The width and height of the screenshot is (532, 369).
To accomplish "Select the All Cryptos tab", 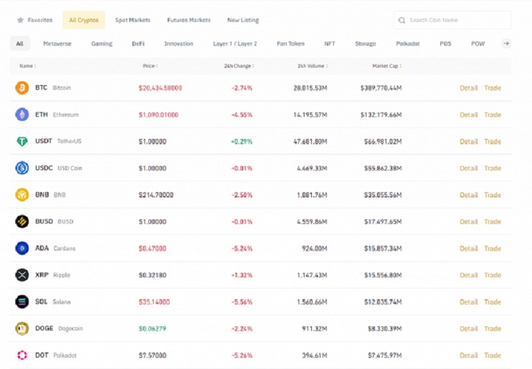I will pos(83,20).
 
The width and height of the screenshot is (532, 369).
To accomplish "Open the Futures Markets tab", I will pos(189,20).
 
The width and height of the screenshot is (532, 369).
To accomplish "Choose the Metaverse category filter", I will pos(57,44).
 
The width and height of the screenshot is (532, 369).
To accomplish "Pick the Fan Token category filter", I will pos(291,44).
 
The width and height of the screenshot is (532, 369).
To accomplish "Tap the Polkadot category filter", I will pos(407,44).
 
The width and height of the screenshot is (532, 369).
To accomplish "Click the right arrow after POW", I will pos(506,44).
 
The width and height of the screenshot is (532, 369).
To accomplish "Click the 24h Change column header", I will pos(239,66).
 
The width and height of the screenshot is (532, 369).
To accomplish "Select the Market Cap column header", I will pos(386,66).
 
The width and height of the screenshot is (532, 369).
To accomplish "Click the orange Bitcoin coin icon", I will pos(22,88).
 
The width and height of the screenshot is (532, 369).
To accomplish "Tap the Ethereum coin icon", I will pos(22,114).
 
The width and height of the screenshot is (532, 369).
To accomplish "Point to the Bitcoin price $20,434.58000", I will pos(160,88).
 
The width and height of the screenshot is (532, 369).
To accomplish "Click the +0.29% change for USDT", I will pos(241,142).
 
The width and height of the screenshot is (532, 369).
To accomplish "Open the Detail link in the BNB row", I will pos(468,195).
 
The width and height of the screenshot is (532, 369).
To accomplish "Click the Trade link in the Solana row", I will pos(492,302).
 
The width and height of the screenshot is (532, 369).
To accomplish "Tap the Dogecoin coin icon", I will pos(22,328).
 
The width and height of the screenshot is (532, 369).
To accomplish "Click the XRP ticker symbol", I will pos(42,275).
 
